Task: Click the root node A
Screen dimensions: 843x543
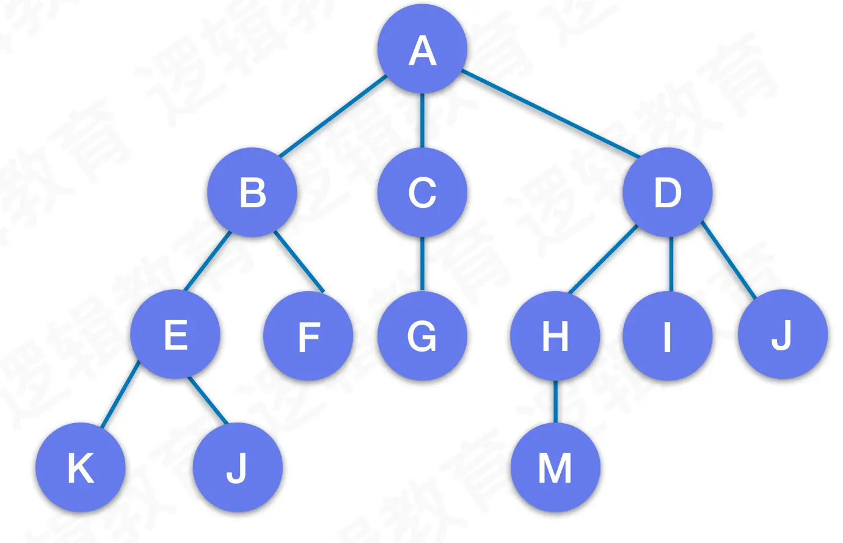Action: pos(422,50)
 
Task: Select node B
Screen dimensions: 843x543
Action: pos(252,192)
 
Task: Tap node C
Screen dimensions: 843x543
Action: pos(422,192)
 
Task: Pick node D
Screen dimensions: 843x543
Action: pos(668,192)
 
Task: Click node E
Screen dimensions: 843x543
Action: pos(175,334)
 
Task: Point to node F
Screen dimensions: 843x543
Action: pos(308,336)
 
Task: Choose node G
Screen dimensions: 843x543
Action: pos(422,336)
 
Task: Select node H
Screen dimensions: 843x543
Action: pos(555,336)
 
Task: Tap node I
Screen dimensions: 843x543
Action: pos(668,336)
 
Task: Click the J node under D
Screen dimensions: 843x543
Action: pos(783,334)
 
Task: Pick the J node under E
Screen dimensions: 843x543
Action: pos(238,468)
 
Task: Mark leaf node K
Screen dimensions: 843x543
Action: pos(81,468)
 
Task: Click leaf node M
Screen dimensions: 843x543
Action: pos(555,468)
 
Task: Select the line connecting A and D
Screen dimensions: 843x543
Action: pos(550,113)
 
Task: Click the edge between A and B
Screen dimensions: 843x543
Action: pos(333,116)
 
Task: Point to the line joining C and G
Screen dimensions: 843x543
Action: pos(422,264)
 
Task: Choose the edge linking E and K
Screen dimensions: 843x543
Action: pos(120,394)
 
